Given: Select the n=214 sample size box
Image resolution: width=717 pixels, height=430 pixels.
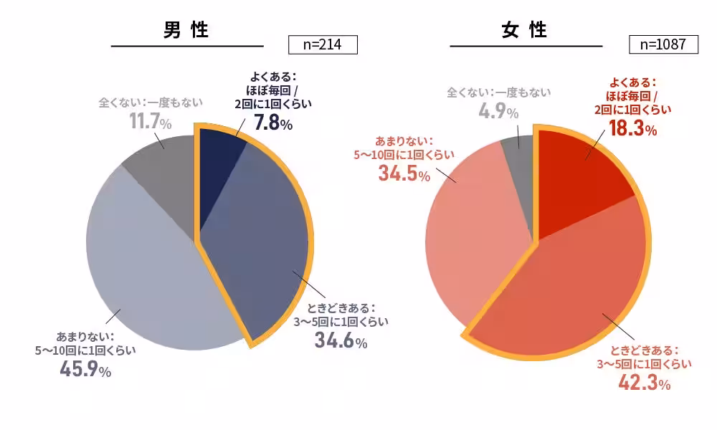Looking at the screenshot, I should (x=322, y=44).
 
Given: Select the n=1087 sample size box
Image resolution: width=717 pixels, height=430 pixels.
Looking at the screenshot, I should (x=663, y=44).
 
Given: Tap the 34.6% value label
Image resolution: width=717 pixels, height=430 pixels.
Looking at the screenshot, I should (x=341, y=340).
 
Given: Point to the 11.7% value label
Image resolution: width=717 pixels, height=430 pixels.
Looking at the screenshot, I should (x=150, y=122).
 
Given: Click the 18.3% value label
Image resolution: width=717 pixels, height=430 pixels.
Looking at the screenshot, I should (x=632, y=128).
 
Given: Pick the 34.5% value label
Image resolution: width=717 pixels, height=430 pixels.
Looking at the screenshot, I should (x=403, y=172).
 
